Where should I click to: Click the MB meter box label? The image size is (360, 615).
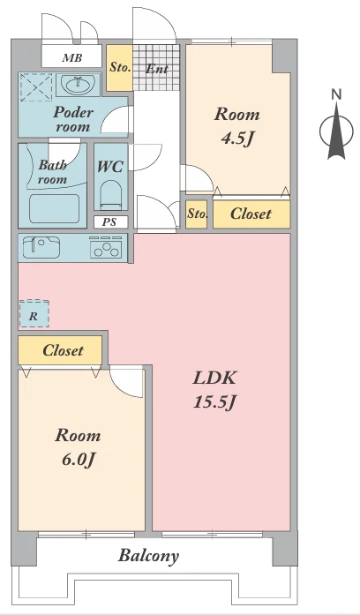tap(72, 58)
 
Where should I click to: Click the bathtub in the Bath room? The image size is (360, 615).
tap(54, 208)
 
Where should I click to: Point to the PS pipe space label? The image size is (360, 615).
tap(109, 222)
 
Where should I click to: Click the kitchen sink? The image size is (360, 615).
tap(41, 247)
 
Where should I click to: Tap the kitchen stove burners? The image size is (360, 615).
tap(106, 248)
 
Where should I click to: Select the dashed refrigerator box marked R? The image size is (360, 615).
tap(34, 313)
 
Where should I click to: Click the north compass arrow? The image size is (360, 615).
tap(336, 132)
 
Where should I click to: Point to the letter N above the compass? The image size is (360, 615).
tap(336, 94)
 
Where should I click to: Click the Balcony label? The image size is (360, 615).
tap(148, 556)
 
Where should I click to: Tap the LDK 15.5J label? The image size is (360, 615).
tap(215, 390)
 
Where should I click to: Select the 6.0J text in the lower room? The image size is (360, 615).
tap(79, 460)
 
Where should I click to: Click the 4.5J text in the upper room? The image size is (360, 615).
tap(237, 139)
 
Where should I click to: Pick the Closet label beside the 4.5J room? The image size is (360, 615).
tap(251, 214)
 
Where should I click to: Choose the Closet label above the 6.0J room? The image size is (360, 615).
tap(63, 350)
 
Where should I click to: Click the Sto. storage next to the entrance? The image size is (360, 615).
tap(120, 67)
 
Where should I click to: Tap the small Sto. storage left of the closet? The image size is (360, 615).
tap(197, 214)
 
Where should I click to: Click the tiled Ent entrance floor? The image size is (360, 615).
tap(156, 67)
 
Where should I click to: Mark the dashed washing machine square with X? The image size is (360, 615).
tap(36, 88)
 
